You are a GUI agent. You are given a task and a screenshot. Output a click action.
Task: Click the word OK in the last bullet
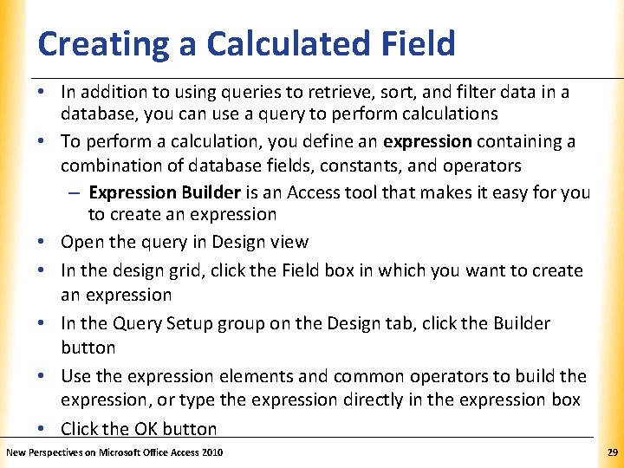point(146,429)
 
